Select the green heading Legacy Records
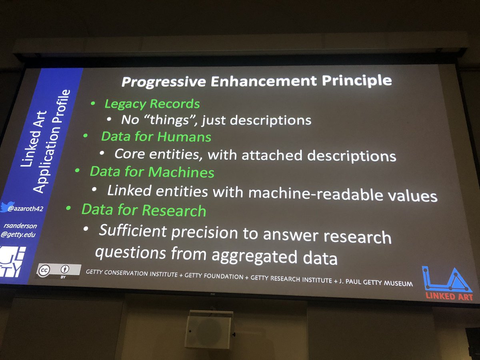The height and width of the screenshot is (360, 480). point(152,104)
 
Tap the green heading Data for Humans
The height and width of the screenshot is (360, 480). point(156,137)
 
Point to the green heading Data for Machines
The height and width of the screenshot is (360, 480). point(152,172)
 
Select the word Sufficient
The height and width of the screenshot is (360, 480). point(132,231)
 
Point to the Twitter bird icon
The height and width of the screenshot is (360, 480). point(5,207)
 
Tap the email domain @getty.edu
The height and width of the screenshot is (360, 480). point(18,235)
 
